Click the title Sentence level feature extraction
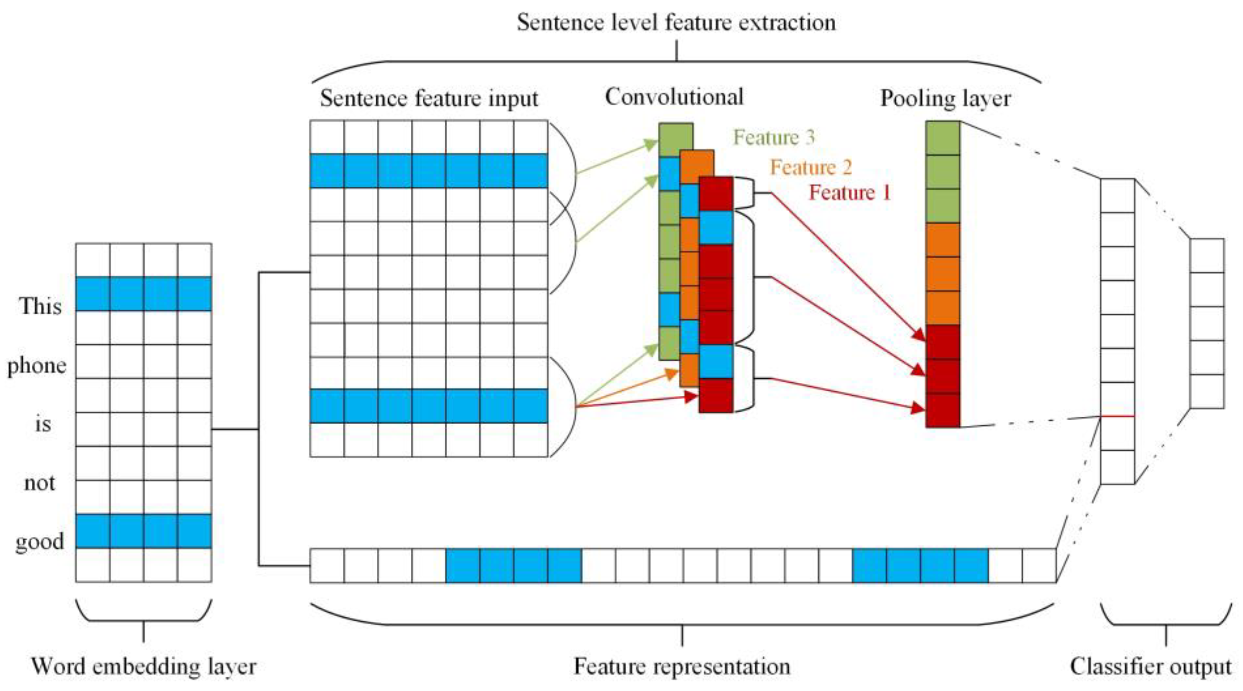(676, 23)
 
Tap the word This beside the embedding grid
(40, 306)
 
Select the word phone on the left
(37, 366)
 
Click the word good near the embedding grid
(40, 541)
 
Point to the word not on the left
(40, 482)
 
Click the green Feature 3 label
(774, 138)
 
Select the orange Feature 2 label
(811, 168)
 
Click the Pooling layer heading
(945, 98)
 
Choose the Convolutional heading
(674, 97)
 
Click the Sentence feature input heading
(429, 98)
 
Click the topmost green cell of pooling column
(943, 138)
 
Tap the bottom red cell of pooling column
(943, 411)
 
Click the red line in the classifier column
(1117, 416)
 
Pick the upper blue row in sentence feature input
(429, 171)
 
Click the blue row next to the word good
(143, 531)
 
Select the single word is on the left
(43, 424)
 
